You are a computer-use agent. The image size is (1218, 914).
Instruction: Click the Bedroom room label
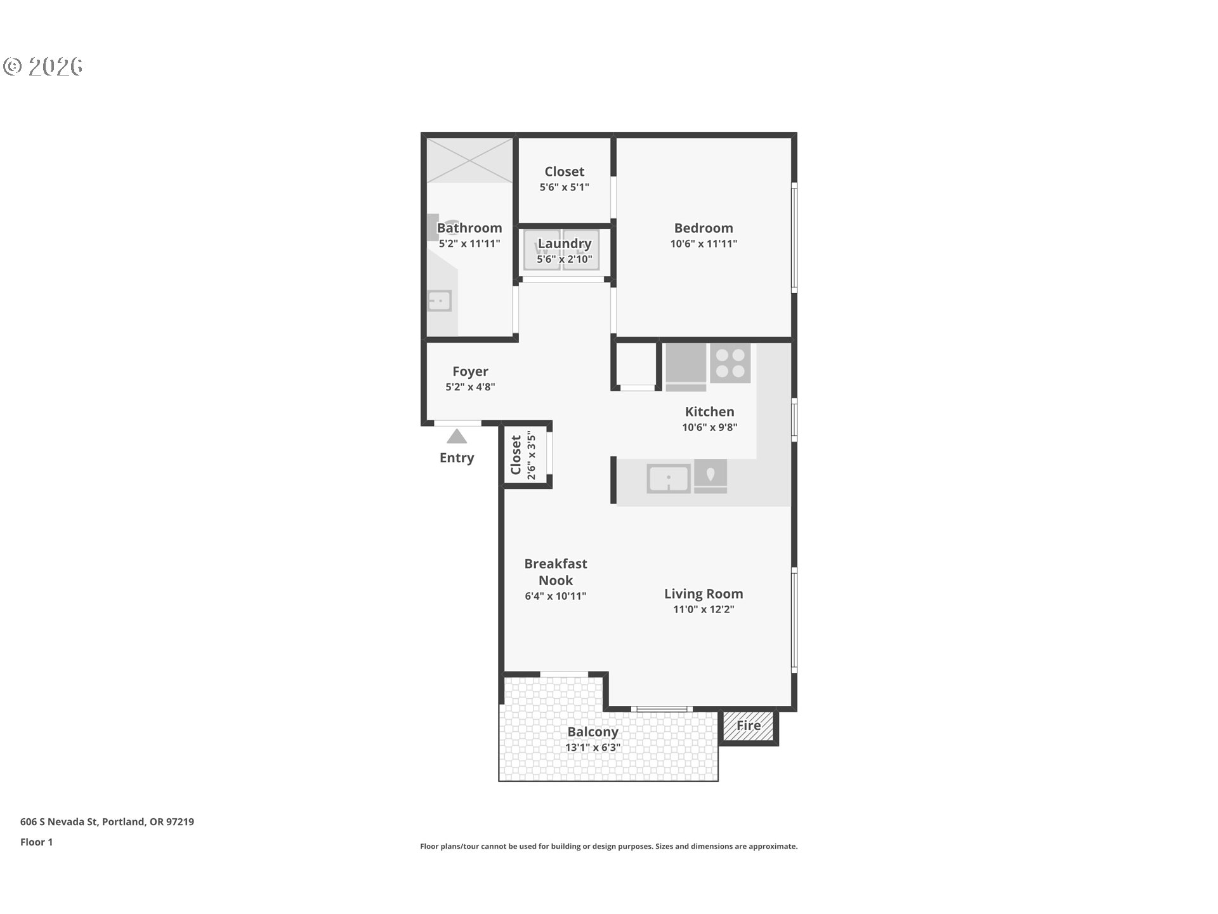[703, 228]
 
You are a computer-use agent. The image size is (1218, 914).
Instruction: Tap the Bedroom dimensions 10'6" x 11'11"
[703, 244]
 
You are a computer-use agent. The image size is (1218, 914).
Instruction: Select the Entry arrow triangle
[456, 437]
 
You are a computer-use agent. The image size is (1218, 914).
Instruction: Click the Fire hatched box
[749, 725]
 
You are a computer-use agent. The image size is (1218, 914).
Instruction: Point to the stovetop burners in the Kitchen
[730, 364]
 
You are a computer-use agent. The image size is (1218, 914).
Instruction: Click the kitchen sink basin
[668, 478]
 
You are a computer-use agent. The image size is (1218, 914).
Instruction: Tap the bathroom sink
[439, 301]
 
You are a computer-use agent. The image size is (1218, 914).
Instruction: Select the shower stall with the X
[469, 160]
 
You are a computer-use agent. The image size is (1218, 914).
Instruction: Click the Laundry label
[564, 244]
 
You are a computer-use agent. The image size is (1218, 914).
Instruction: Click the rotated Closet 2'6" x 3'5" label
[523, 454]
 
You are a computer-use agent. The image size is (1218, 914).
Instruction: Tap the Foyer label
[470, 371]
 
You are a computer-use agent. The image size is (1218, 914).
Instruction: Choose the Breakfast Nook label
[555, 572]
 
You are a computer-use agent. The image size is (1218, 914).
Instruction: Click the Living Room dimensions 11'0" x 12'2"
[703, 609]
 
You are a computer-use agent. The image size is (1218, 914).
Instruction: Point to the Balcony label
[593, 732]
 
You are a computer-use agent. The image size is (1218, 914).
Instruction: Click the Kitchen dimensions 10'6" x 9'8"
[709, 427]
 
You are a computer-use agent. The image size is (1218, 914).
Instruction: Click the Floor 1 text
[36, 842]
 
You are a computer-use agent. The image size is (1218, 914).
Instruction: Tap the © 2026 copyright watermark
[43, 66]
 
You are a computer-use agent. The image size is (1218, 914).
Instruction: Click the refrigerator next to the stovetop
[685, 366]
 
